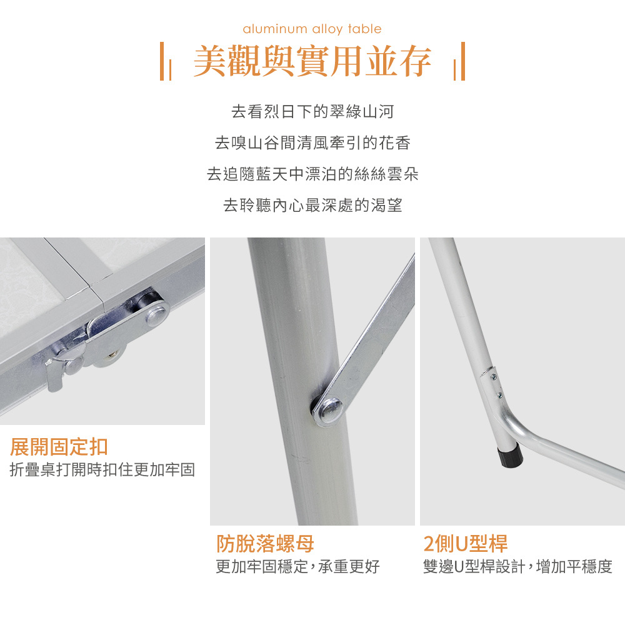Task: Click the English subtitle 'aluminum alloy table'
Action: (x=312, y=29)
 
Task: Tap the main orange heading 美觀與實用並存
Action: (x=312, y=61)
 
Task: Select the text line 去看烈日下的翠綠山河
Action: (x=312, y=112)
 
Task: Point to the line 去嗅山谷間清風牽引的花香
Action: (x=312, y=142)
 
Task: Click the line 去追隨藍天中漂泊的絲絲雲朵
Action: (x=312, y=174)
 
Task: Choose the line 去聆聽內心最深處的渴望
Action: (x=312, y=205)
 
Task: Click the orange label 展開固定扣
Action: (x=59, y=447)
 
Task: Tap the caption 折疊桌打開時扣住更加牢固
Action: (x=102, y=469)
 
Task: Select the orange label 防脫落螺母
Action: (x=265, y=543)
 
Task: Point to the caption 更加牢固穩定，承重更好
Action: (x=297, y=566)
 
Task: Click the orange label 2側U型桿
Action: (x=466, y=543)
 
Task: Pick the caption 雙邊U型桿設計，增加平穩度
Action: (x=517, y=566)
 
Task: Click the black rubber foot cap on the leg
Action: (x=510, y=455)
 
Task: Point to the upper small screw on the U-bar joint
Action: (x=494, y=377)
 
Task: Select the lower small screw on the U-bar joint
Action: (x=499, y=396)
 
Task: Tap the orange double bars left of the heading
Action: (x=166, y=61)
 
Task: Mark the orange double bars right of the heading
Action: (x=459, y=61)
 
